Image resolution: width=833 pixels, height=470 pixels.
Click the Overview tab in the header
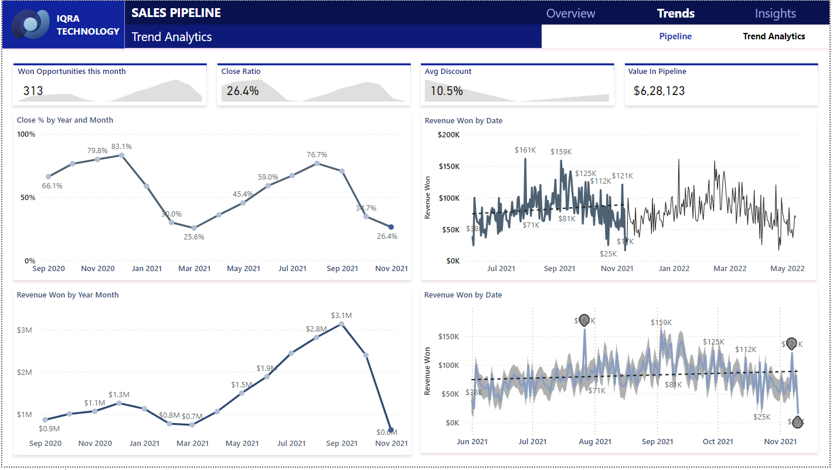coord(570,13)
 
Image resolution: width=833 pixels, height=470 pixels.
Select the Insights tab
coord(775,13)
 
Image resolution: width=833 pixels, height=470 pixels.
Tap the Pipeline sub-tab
coord(675,36)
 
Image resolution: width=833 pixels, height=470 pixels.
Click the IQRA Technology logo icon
coord(34,25)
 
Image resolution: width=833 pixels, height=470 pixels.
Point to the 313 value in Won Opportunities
coord(33,91)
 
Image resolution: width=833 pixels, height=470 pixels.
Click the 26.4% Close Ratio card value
coord(243,91)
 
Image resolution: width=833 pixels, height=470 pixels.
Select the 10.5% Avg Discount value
coord(447,91)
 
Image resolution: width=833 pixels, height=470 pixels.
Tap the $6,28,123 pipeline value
coord(659,91)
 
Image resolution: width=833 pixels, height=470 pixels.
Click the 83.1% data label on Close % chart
coord(122,146)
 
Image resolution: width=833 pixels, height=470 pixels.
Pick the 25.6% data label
coord(193,237)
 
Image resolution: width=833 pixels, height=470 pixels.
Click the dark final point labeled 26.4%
coord(391,226)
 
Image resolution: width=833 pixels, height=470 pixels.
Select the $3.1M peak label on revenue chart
coord(341,315)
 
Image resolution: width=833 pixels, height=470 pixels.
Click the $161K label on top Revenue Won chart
coord(525,150)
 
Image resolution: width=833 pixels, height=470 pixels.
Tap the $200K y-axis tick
coord(448,134)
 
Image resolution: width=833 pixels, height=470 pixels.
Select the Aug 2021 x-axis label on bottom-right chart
coord(595,442)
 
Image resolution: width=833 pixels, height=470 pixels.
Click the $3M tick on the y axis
coord(24,330)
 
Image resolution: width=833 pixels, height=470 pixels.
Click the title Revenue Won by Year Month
coord(67,295)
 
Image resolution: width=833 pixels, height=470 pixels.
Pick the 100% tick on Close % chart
coord(26,134)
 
